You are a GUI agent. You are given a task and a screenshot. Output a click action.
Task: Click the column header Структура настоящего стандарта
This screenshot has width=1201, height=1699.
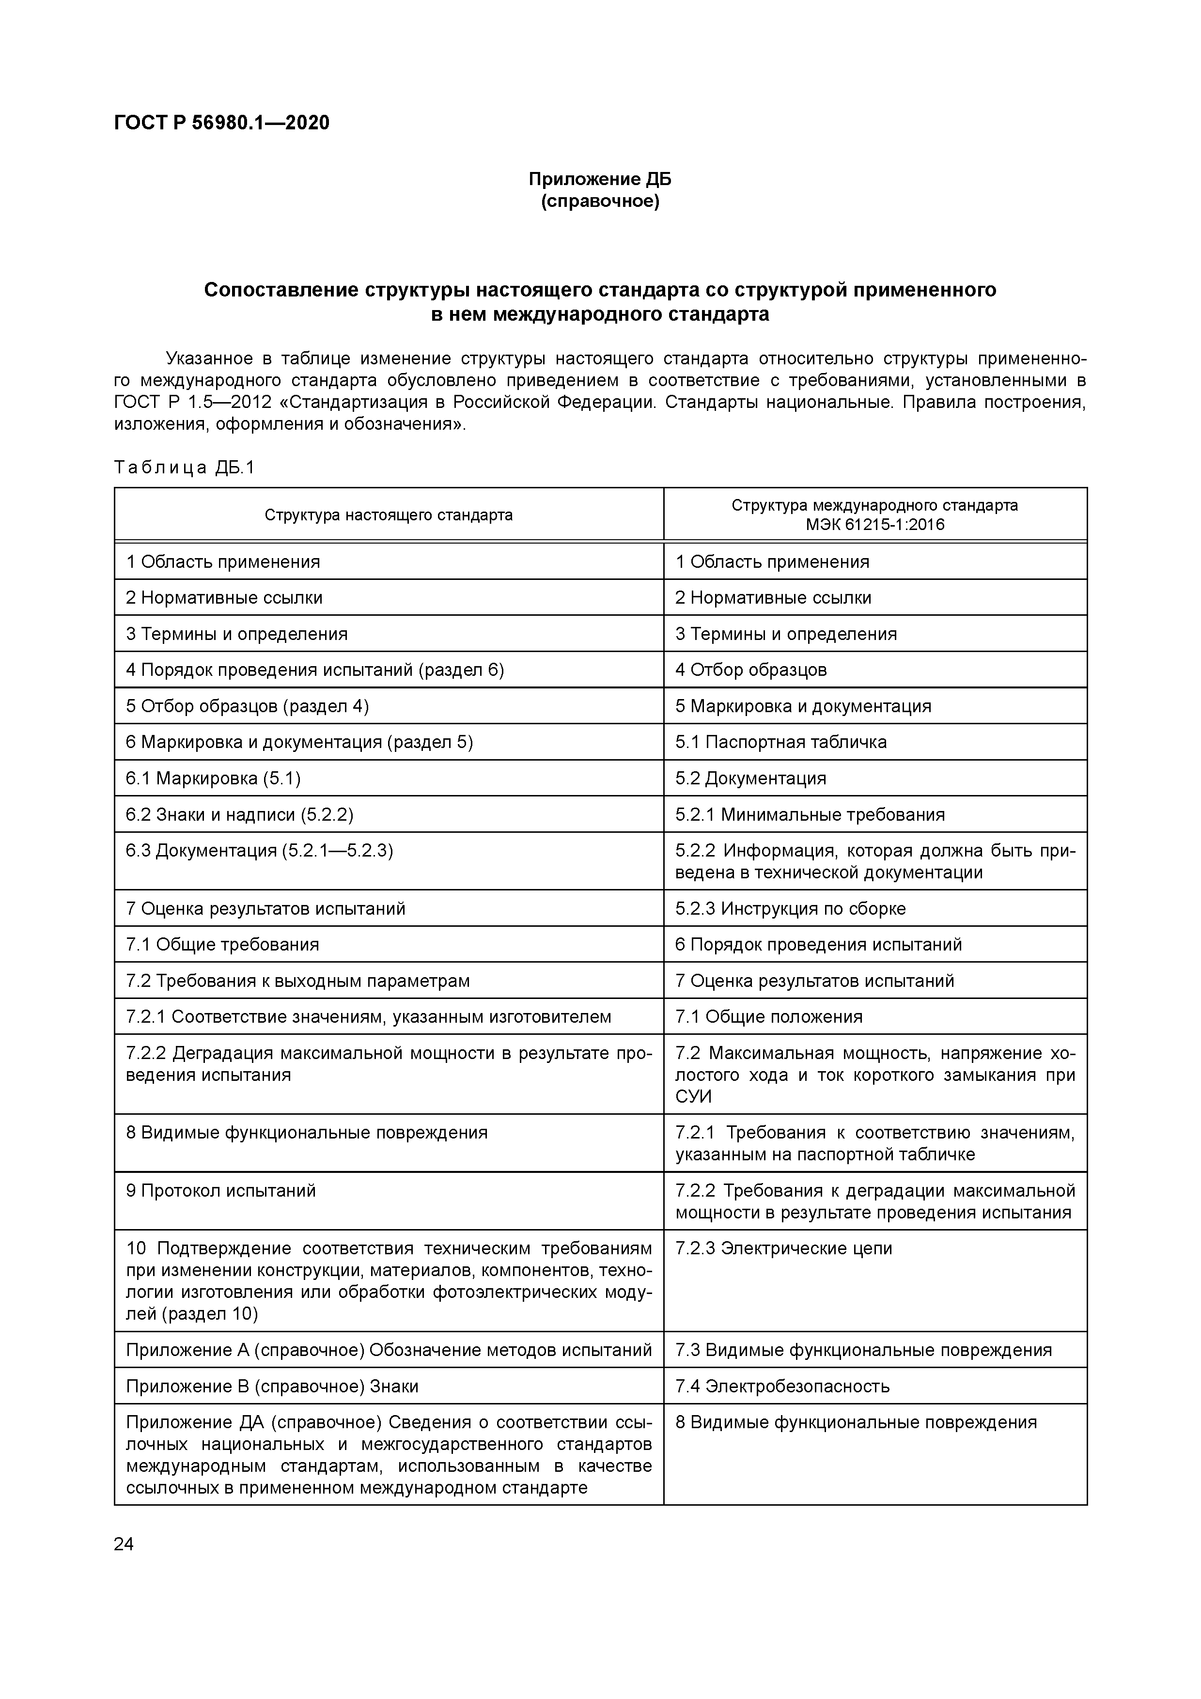[x=389, y=515]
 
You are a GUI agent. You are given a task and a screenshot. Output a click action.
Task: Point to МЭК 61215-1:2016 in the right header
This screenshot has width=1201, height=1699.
[x=874, y=525]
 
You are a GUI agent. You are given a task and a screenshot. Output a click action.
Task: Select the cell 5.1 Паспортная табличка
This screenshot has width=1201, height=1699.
[x=780, y=742]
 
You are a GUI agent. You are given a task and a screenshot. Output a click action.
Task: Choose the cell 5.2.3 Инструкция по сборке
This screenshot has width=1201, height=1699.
[x=790, y=909]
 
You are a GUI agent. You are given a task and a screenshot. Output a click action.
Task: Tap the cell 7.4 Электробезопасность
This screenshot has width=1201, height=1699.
[x=781, y=1386]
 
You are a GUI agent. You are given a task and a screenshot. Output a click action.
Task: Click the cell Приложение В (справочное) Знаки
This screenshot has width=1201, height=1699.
[x=272, y=1386]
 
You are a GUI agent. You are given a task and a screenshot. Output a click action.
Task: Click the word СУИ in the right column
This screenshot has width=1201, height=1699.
[x=693, y=1097]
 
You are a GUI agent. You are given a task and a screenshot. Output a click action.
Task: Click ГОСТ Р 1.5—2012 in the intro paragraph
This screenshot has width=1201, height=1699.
[x=189, y=403]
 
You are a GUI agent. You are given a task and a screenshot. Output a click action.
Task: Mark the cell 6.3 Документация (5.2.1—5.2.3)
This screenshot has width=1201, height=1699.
[x=259, y=851]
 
